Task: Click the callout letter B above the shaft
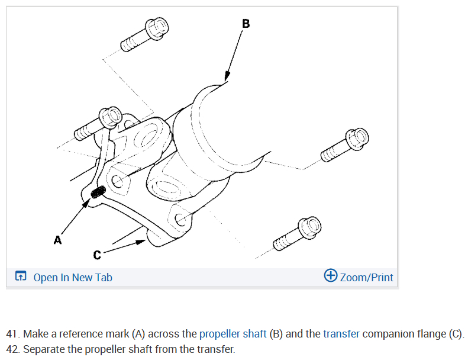tap(246, 24)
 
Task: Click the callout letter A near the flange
tap(57, 240)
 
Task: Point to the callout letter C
tap(97, 255)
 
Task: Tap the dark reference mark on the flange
tap(99, 192)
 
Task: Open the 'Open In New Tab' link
tap(73, 277)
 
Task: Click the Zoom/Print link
tap(366, 277)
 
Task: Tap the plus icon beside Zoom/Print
tap(331, 276)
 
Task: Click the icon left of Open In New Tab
tap(21, 277)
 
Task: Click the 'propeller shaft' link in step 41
tap(233, 333)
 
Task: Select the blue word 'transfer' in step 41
tap(341, 333)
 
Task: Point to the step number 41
tap(13, 333)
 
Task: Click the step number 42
tap(13, 349)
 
